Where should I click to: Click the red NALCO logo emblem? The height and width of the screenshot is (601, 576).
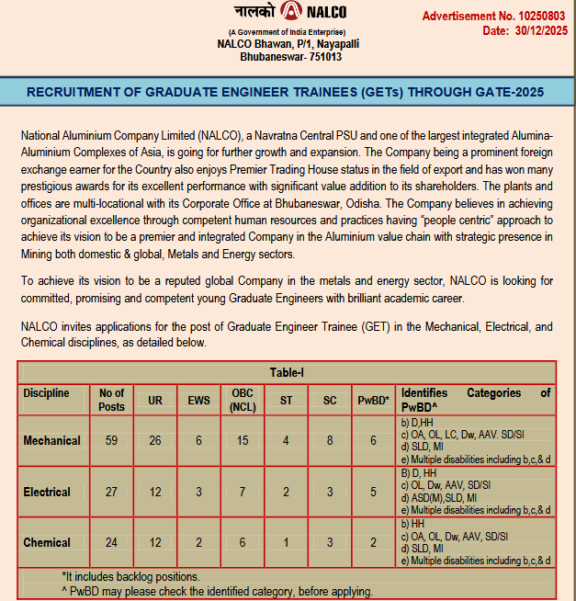coord(291,11)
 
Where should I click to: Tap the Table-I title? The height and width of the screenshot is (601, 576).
coord(287,372)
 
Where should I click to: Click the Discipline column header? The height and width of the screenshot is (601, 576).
coord(46,393)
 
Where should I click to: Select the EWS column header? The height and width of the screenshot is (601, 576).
coord(199,400)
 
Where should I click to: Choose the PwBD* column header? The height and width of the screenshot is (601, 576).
coord(374,400)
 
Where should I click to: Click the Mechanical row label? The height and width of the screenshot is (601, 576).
coord(51,440)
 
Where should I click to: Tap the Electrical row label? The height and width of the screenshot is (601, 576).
coord(48,492)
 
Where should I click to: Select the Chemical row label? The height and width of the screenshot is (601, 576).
coord(48,542)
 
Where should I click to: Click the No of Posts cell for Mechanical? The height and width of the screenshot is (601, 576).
coord(111,440)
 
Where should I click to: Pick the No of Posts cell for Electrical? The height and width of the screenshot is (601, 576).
coord(111,492)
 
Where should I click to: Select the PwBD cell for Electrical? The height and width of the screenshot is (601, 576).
coord(374,492)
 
